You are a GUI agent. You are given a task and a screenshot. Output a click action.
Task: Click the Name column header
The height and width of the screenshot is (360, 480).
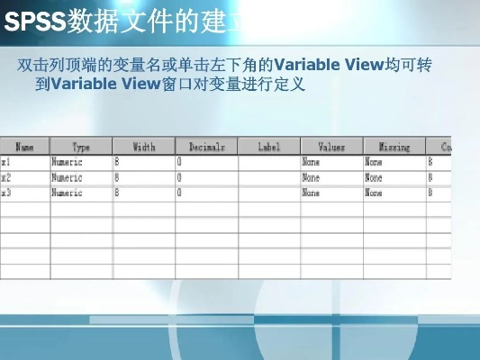click(25, 146)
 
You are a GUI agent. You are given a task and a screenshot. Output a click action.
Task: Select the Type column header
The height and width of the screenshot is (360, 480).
click(81, 146)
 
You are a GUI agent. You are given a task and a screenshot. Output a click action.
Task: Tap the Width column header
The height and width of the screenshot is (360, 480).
click(144, 146)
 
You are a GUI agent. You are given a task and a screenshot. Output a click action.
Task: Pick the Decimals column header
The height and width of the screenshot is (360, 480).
click(207, 146)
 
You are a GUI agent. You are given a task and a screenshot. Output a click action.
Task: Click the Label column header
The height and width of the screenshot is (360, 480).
click(269, 146)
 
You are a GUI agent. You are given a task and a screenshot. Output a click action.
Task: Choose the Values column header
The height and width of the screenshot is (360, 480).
click(331, 146)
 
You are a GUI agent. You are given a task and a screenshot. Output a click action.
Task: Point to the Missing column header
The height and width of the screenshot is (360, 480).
click(394, 146)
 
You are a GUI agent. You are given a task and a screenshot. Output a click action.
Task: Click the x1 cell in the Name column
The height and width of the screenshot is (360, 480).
click(25, 163)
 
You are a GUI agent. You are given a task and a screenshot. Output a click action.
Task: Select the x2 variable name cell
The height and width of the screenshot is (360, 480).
click(25, 178)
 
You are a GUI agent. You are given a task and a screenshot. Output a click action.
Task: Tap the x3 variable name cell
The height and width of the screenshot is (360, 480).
click(25, 193)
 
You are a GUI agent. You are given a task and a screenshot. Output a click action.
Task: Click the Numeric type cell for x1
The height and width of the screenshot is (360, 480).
click(81, 163)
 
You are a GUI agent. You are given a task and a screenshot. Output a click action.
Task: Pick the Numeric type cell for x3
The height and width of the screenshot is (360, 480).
click(81, 193)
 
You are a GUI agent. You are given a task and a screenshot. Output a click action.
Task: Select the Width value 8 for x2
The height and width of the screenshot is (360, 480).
click(144, 178)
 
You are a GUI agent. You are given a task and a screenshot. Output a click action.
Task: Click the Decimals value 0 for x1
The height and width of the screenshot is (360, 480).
click(207, 163)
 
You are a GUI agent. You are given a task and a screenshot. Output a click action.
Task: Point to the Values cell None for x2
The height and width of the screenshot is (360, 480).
click(331, 178)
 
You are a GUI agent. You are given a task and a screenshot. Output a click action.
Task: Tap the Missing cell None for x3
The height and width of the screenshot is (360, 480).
click(394, 193)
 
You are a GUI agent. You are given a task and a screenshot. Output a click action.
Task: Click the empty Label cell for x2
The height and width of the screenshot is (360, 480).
click(269, 178)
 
